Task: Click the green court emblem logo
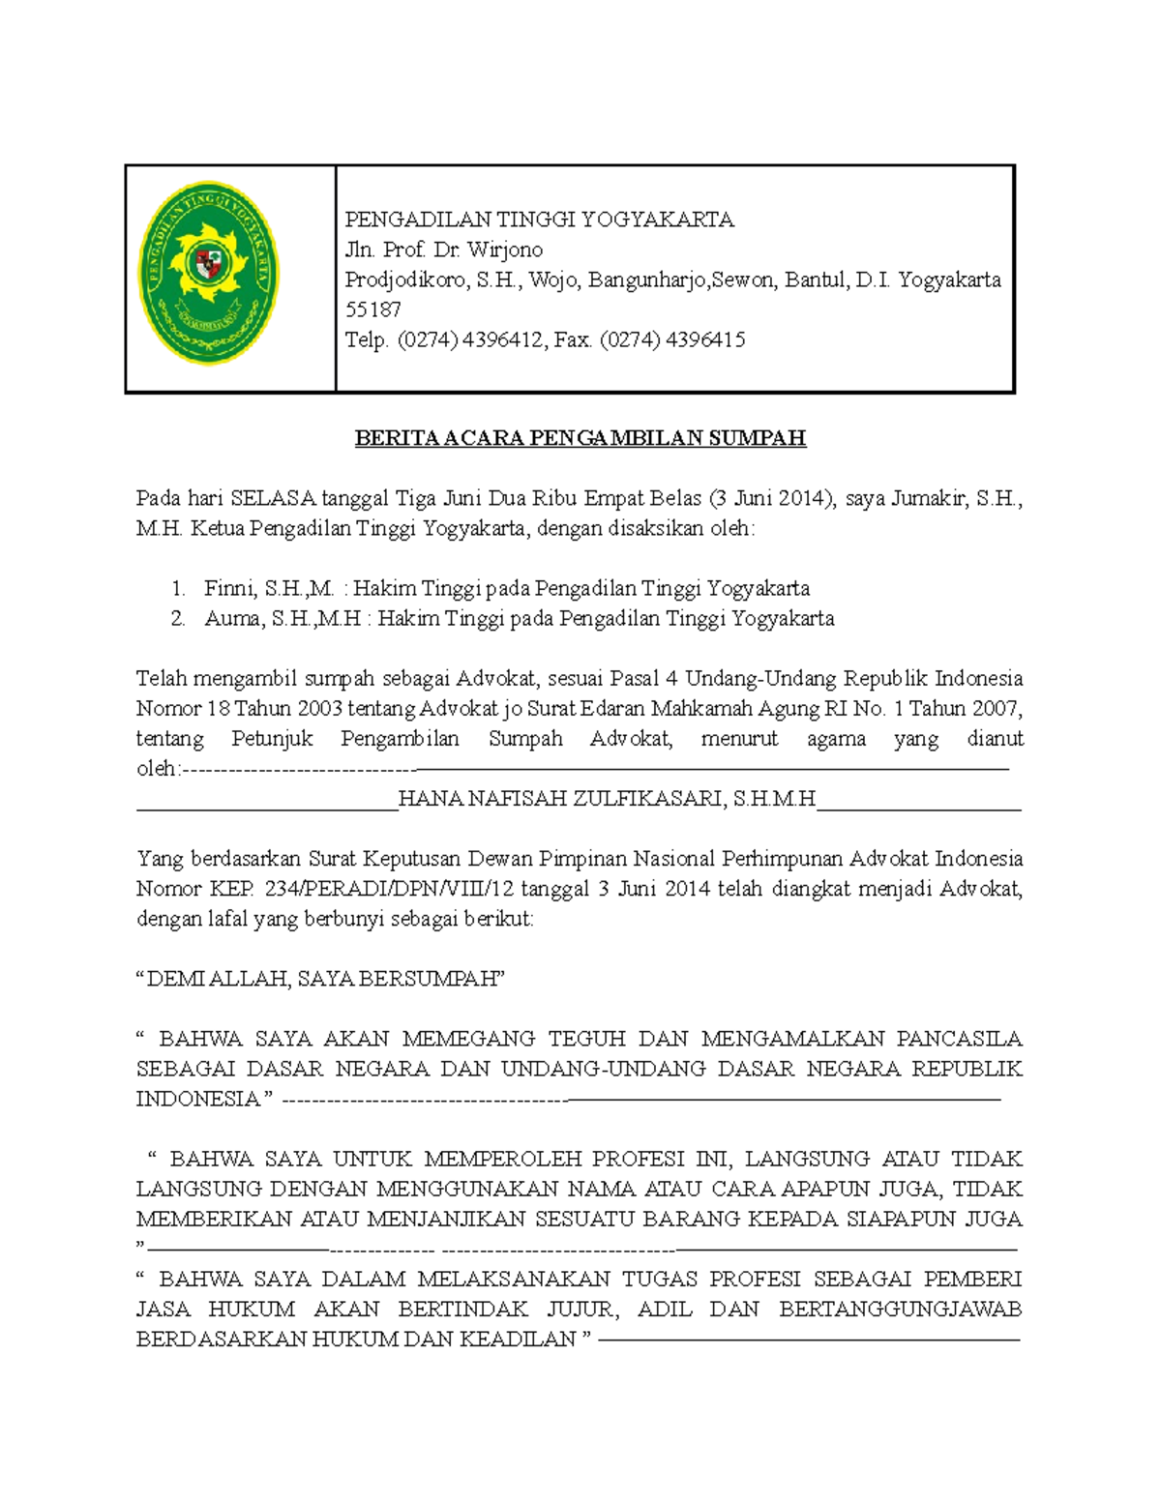209,274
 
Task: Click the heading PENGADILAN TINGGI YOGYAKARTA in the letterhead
540,220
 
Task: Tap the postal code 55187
373,309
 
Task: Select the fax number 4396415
704,339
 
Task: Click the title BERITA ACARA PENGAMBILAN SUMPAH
580,438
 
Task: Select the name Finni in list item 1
228,588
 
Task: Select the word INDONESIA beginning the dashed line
198,1099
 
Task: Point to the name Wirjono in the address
505,250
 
